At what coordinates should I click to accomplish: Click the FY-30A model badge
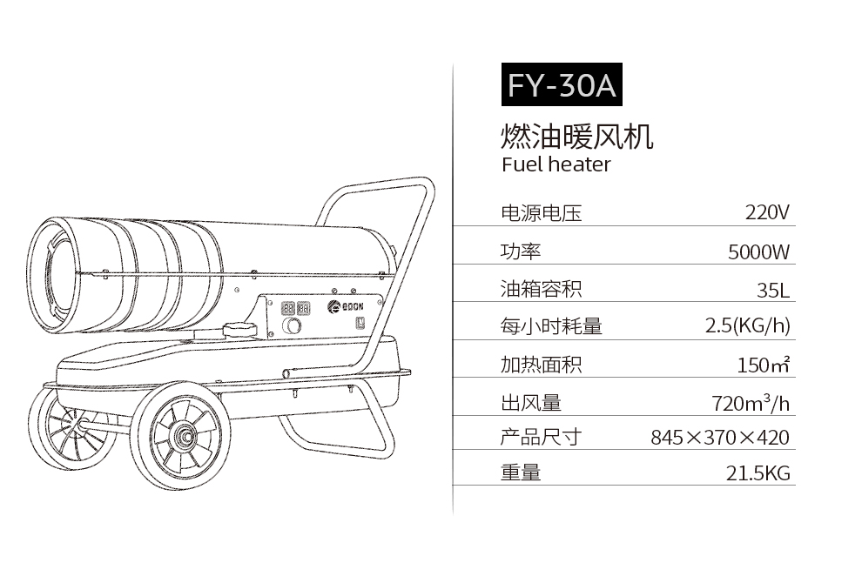click(x=562, y=84)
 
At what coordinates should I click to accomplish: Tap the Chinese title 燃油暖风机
click(x=576, y=137)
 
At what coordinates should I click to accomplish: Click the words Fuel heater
click(x=556, y=164)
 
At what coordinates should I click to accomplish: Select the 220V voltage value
click(x=767, y=212)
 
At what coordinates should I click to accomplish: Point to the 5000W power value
click(x=758, y=251)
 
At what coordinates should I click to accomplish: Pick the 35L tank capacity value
click(x=773, y=290)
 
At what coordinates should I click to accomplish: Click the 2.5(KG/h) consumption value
click(x=748, y=325)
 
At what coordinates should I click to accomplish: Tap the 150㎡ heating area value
click(x=764, y=365)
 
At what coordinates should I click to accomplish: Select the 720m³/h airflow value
click(x=751, y=403)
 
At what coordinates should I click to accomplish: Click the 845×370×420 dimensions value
click(x=720, y=438)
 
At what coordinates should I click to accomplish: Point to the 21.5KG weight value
click(x=758, y=472)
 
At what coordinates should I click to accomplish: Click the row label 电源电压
click(x=541, y=213)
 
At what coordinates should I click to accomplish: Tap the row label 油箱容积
click(x=541, y=289)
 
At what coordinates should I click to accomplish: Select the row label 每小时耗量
click(x=551, y=326)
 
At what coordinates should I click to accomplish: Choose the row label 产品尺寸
click(x=541, y=438)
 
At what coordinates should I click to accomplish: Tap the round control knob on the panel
click(x=292, y=325)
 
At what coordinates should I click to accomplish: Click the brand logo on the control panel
click(x=346, y=307)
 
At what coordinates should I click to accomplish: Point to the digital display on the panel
click(x=296, y=308)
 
